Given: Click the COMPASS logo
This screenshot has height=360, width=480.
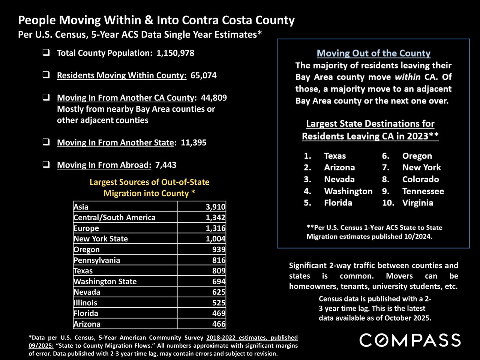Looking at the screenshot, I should (410, 340).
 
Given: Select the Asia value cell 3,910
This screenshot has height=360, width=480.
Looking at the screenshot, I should (215, 207).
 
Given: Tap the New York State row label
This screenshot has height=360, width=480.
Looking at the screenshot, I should (100, 239).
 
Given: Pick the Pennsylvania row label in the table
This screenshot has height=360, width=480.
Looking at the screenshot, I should (97, 260).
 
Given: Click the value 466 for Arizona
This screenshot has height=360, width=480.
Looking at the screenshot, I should (219, 324).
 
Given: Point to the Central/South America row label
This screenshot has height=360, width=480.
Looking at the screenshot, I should (114, 217).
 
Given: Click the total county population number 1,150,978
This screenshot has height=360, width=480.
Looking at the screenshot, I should (175, 53).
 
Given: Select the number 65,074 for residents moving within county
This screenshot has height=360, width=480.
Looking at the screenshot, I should (203, 75).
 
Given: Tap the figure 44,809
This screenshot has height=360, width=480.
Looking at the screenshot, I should (214, 98).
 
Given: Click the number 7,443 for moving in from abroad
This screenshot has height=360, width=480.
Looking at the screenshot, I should (165, 165).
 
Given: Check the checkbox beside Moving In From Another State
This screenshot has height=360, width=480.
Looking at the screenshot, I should (46, 142).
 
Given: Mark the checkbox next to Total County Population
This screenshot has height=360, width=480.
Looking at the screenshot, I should (46, 53).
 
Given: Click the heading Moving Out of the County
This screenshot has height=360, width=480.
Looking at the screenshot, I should (373, 53).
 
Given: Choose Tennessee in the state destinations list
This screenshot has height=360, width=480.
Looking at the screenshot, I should (423, 191).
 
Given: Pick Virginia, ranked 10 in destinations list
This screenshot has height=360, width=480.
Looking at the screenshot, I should (418, 203).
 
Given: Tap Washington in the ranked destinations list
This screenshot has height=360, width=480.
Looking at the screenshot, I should (348, 191).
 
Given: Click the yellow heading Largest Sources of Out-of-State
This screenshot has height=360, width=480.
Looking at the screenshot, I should (149, 182).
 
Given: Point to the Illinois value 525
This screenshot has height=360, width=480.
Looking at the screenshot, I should (219, 303).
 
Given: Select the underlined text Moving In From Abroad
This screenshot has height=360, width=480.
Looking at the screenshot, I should (104, 165).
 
